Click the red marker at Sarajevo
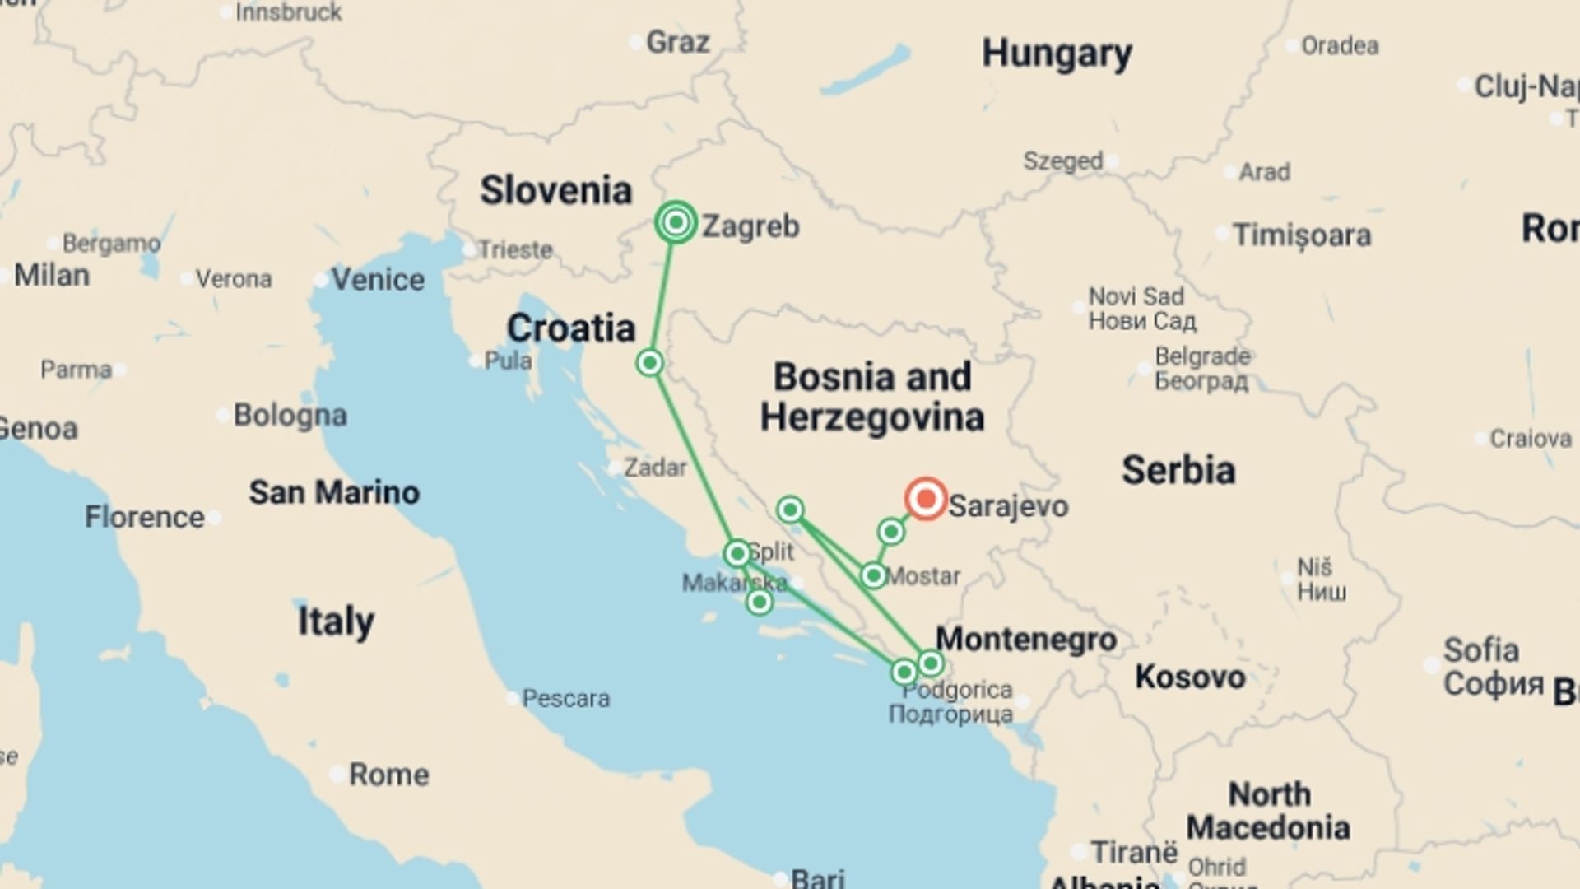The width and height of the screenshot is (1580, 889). point(926,499)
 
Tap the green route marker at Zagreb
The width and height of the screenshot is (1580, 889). point(676,222)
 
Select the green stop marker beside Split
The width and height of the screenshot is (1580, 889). point(737,552)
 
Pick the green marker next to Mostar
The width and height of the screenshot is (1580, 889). point(873,575)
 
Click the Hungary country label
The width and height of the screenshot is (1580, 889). point(1057,54)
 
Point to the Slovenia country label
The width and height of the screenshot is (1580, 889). point(556,190)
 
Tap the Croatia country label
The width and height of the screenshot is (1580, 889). point(571,328)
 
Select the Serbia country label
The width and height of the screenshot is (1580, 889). point(1178,470)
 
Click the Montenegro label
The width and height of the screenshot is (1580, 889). point(1026,639)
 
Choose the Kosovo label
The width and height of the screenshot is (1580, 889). point(1190,677)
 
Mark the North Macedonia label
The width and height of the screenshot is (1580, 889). point(1268,811)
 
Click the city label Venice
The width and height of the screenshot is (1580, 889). point(378,280)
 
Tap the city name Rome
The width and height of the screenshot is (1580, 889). point(388,775)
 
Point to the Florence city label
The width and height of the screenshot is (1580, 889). point(145,517)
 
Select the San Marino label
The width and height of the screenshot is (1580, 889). point(334,492)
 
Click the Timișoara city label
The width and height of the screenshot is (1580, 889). point(1302,235)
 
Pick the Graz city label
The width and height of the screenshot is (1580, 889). point(677,42)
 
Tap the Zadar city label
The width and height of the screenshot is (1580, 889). point(655,468)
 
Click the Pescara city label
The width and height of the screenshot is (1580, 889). point(566,699)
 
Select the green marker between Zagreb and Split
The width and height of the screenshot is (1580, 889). point(650,362)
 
